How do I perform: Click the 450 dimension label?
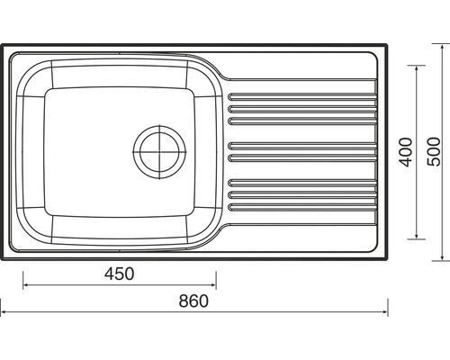(119, 274)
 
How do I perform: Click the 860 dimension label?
(193, 301)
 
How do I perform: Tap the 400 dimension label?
(406, 152)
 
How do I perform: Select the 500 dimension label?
(434, 151)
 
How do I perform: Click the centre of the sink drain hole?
(159, 152)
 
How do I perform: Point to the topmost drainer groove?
(302, 96)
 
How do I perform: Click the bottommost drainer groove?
(302, 207)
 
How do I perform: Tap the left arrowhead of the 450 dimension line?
(25, 285)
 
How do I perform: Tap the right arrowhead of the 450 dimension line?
(213, 285)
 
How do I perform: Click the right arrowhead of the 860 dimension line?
(385, 312)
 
